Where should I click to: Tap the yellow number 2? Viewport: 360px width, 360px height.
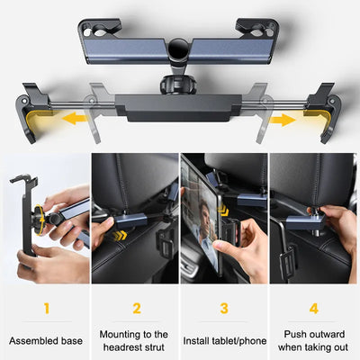[x=137, y=308]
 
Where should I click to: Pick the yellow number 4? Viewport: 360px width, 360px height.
[x=313, y=308]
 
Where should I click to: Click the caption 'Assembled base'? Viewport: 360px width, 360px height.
[x=45, y=340]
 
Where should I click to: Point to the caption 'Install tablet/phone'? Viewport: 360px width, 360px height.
[x=223, y=340]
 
